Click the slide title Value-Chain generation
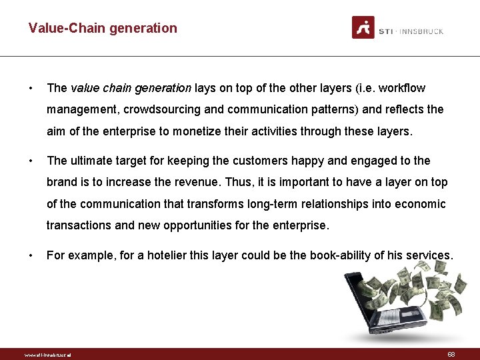(x=103, y=28)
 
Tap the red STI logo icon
(x=363, y=27)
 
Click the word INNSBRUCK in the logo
(x=422, y=31)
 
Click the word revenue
(x=203, y=182)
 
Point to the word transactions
(x=79, y=225)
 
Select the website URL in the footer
(x=47, y=355)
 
